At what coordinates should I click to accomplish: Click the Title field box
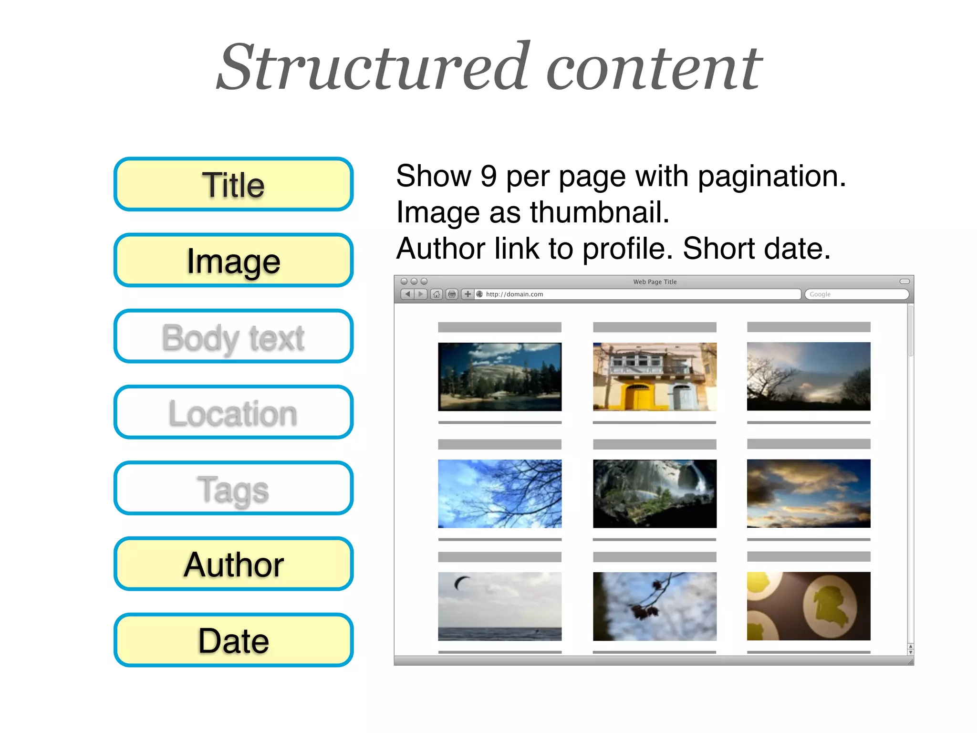click(x=233, y=184)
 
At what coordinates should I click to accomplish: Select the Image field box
click(x=233, y=260)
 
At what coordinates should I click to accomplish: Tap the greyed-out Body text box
click(x=233, y=336)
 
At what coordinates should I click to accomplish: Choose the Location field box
click(x=233, y=412)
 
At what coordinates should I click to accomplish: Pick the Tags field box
click(x=233, y=488)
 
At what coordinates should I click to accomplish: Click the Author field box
click(x=233, y=564)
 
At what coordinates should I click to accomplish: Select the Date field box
click(x=233, y=640)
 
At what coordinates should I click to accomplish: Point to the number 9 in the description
click(x=488, y=176)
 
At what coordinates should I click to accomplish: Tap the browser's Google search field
click(x=856, y=294)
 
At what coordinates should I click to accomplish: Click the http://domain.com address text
click(x=514, y=294)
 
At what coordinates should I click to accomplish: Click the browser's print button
click(x=451, y=294)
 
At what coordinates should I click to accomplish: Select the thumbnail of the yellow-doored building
click(x=655, y=377)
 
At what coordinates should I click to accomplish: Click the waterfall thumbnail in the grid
click(x=655, y=493)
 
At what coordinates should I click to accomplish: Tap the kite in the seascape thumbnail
click(x=461, y=582)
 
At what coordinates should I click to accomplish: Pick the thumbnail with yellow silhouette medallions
click(x=809, y=606)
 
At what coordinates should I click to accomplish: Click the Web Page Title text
click(x=655, y=282)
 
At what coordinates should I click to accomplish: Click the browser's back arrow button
click(x=407, y=294)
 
